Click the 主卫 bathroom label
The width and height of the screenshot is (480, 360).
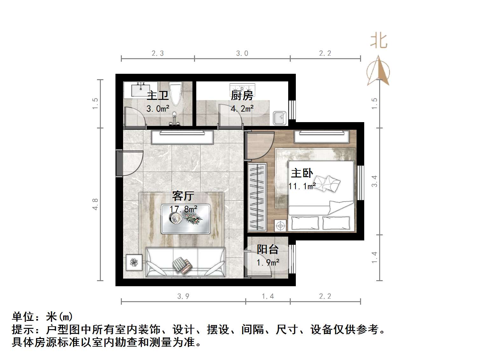(157, 95)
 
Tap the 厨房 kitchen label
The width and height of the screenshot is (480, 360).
(242, 95)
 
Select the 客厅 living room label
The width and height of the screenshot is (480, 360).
(183, 196)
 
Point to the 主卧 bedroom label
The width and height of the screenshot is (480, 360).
(302, 173)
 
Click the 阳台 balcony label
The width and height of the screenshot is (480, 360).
(268, 249)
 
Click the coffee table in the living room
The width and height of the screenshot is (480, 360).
(186, 219)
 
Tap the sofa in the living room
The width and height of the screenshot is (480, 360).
(185, 262)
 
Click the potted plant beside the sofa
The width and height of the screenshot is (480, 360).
(134, 262)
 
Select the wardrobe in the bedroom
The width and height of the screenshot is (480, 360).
(257, 197)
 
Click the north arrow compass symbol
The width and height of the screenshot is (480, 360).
(378, 71)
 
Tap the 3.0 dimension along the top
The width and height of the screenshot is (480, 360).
(242, 53)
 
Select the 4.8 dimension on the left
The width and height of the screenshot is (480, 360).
(95, 204)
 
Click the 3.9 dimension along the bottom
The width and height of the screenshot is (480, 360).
(183, 296)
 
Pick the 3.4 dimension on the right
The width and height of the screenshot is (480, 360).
(374, 181)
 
